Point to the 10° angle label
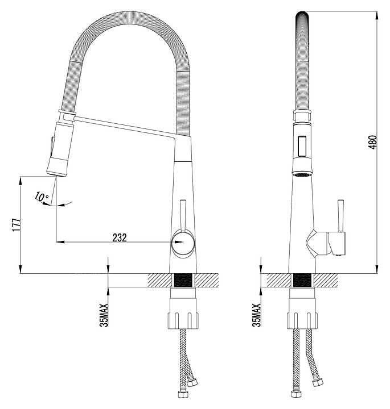[42, 197]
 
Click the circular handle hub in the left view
[182, 243]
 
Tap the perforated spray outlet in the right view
[302, 173]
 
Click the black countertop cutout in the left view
[183, 280]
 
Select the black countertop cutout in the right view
[302, 280]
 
